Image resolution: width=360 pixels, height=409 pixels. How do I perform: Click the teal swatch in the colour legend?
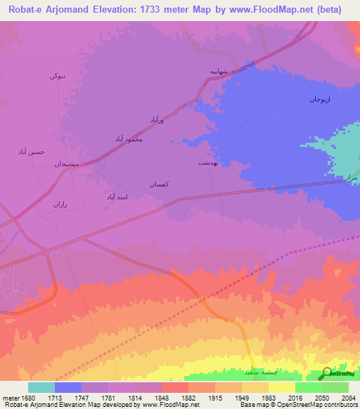pyautogui.click(x=41, y=387)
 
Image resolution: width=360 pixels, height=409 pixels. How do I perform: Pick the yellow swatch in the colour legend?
pyautogui.click(x=281, y=387)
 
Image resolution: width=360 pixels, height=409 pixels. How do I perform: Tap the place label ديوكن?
pyautogui.click(x=58, y=75)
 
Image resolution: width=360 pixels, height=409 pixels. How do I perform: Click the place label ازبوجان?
pyautogui.click(x=321, y=100)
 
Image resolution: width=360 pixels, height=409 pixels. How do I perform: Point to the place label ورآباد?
pyautogui.click(x=156, y=121)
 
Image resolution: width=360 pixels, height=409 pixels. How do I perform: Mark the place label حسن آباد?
pyautogui.click(x=31, y=151)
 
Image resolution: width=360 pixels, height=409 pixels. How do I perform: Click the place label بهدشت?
pyautogui.click(x=208, y=162)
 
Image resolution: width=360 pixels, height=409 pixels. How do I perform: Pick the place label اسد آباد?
pyautogui.click(x=116, y=197)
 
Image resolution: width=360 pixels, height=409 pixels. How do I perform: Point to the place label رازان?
pyautogui.click(x=59, y=204)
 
